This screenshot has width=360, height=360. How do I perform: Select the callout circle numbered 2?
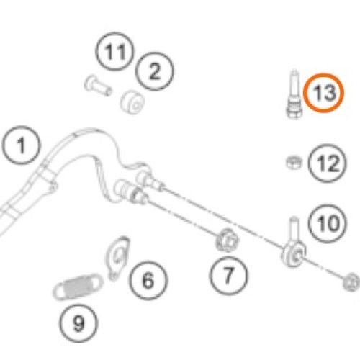coord(154,71)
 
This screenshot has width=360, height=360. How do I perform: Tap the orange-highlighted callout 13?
coord(323,93)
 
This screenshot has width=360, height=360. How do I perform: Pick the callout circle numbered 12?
coord(328,163)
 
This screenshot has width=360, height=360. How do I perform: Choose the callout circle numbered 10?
coord(328,223)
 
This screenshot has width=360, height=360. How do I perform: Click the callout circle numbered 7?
coord(228,275)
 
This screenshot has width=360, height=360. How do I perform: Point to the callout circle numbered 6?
coord(148,280)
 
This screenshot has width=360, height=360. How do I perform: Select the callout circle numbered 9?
coord(78,323)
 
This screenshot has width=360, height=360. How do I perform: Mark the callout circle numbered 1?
coord(22,145)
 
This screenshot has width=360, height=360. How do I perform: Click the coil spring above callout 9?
coord(77,286)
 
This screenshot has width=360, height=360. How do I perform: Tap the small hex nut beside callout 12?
coord(294,162)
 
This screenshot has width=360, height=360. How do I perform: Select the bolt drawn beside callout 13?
coord(294,94)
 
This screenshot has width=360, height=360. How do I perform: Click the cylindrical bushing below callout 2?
coord(132,102)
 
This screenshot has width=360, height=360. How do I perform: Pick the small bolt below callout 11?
coord(98,86)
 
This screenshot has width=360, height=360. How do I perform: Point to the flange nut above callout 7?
coord(227,240)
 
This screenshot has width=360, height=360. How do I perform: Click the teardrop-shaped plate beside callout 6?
coord(117,258)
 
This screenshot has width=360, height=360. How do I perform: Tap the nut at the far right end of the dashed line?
coord(351,282)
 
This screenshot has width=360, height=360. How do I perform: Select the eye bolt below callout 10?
coord(294,243)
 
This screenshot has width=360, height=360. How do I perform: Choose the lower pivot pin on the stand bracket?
coord(131,192)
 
